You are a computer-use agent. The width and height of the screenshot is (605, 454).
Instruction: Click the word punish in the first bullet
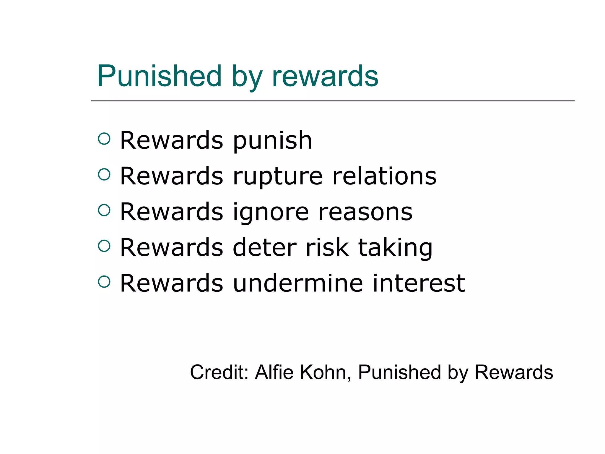[272, 141]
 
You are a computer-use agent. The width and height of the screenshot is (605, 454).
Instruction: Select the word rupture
[278, 177]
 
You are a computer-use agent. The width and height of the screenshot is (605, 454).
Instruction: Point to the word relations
[384, 176]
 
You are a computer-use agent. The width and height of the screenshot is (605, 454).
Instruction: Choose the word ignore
[271, 213]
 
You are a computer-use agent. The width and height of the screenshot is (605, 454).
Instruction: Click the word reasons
[365, 212]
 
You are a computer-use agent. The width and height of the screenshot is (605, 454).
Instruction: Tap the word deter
[264, 248]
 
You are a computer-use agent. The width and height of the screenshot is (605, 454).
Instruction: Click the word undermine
[298, 283]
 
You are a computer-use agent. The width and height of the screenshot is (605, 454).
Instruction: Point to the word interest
[419, 283]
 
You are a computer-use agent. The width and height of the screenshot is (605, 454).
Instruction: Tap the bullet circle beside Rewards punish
[104, 139]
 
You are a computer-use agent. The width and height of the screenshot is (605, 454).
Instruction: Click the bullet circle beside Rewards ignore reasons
[104, 210]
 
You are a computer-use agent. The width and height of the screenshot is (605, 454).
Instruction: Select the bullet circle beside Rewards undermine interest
[104, 282]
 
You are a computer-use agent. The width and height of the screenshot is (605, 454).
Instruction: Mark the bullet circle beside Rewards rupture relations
[104, 174]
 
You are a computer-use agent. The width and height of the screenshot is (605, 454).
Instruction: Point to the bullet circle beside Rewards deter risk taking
[104, 246]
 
